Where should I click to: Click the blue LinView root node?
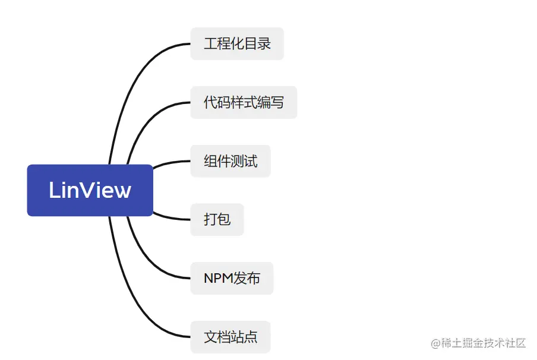point(90,190)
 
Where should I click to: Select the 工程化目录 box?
point(237,43)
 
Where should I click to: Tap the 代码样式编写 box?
point(244,102)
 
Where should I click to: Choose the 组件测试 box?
point(230,161)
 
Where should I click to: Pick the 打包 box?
point(217,219)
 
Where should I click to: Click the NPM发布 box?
point(232,278)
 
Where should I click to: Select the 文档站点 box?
point(230,337)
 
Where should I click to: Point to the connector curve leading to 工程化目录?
point(128,83)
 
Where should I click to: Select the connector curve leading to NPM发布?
point(146,258)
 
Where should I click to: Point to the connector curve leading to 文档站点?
point(128,297)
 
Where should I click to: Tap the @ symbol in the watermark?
point(435,343)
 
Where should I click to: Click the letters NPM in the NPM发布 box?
point(218,278)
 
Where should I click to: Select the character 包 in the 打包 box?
point(224,219)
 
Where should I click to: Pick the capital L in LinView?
point(55,190)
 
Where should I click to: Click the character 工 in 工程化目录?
point(210,43)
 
